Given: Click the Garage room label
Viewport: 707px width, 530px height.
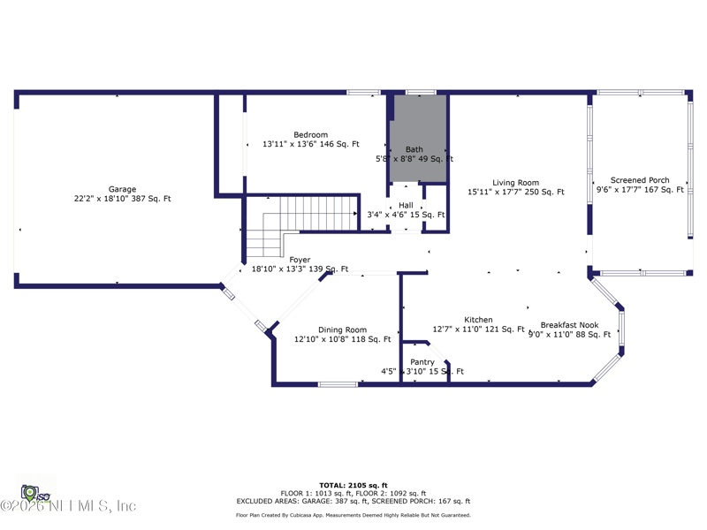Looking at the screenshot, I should coord(122,189).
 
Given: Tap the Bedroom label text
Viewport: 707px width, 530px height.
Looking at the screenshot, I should coord(310,135).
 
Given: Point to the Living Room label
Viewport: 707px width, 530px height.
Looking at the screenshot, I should coord(515,183).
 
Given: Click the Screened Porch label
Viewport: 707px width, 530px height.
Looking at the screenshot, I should coord(640,180).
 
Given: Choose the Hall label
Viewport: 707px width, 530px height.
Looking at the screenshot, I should coord(406,205).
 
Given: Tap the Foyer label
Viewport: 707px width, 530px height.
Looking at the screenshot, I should coord(300,260).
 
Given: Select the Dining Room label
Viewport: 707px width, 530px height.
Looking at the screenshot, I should coord(342,329).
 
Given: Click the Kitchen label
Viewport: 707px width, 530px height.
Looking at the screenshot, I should coord(478,320).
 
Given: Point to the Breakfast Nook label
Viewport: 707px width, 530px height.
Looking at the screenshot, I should coord(569,325).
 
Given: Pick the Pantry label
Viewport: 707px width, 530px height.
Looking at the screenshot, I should coord(422,362).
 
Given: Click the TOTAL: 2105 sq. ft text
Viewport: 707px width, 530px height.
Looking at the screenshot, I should coord(353,485).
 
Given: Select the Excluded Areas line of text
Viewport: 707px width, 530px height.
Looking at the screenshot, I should coord(353,501).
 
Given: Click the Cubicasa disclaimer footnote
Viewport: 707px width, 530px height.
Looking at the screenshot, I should coord(353,515).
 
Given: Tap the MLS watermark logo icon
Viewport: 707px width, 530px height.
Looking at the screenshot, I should coord(30,490).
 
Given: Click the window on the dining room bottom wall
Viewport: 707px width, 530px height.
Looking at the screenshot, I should coord(338,384).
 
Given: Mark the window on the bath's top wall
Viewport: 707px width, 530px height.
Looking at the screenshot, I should coord(421,92).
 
